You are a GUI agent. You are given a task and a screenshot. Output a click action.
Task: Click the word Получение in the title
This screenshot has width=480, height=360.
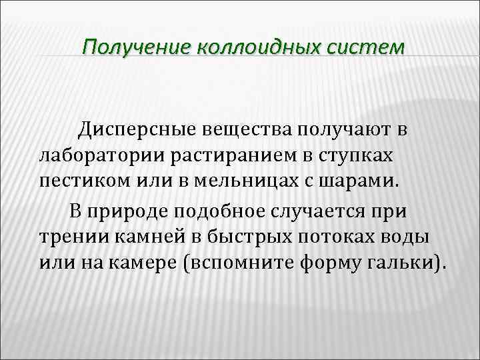(x=136, y=47)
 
